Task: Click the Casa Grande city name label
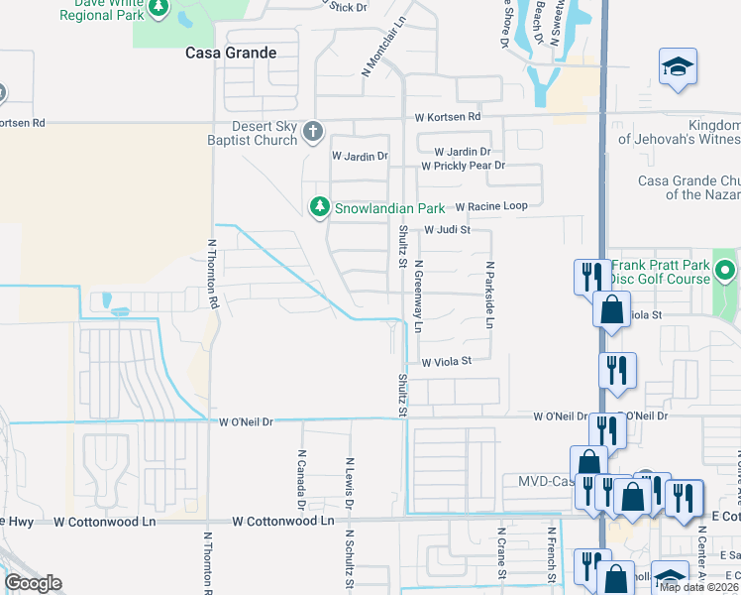(x=230, y=53)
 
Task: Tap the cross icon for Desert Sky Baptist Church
(x=313, y=131)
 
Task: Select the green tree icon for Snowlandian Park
(x=319, y=207)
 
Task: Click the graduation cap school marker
(x=679, y=66)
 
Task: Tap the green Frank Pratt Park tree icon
(x=726, y=269)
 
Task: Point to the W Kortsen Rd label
(x=447, y=117)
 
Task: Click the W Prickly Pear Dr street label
(x=463, y=166)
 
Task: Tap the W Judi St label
(x=446, y=230)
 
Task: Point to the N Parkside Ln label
(x=489, y=296)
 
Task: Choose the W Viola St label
(x=446, y=363)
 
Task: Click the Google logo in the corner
(x=33, y=583)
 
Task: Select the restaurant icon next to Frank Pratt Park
(x=591, y=275)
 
